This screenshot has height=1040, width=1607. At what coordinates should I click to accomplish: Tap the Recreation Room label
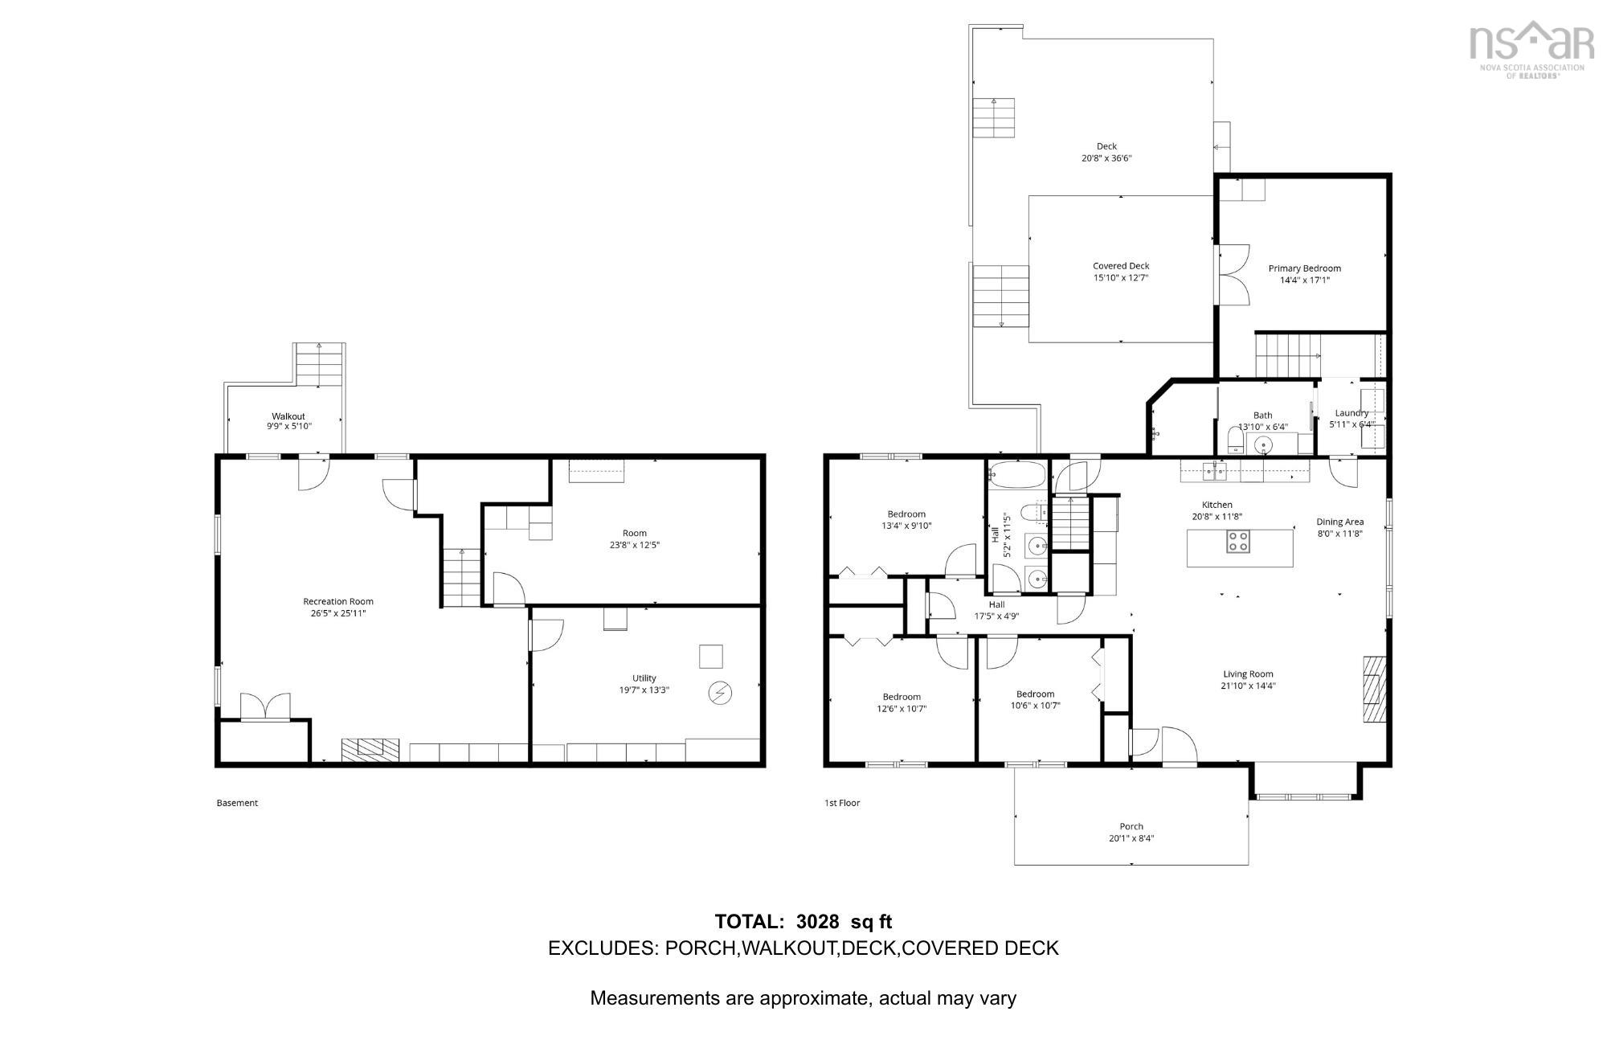[337, 601]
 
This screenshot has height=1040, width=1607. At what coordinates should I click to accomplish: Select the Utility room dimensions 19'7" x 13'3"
[644, 690]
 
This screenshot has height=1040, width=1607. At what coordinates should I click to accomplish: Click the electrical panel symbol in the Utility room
[719, 693]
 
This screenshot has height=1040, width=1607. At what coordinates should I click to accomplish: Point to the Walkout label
[288, 416]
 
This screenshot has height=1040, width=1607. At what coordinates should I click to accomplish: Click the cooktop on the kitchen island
[1238, 542]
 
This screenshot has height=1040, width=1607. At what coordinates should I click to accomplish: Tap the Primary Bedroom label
[1304, 268]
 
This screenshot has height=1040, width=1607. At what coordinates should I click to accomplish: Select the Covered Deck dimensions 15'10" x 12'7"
[1121, 277]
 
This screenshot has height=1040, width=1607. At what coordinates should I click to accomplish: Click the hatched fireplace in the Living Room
[1375, 690]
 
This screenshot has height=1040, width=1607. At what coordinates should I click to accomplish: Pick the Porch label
[1131, 826]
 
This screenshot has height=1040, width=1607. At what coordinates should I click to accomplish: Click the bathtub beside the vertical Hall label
[1017, 475]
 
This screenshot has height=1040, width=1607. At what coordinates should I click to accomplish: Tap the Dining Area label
[1339, 522]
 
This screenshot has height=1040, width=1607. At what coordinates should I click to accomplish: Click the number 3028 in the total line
[817, 922]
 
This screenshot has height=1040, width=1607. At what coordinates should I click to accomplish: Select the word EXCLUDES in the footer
[601, 948]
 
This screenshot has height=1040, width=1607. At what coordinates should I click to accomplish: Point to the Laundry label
[1351, 412]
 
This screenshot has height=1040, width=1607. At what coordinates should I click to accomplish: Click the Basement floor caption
[237, 803]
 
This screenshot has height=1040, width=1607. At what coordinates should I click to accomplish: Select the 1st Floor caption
[842, 803]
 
